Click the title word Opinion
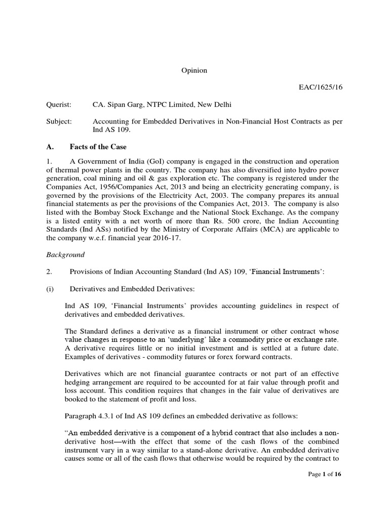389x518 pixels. point(194,71)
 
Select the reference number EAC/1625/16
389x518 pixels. point(321,88)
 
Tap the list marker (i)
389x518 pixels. point(50,289)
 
